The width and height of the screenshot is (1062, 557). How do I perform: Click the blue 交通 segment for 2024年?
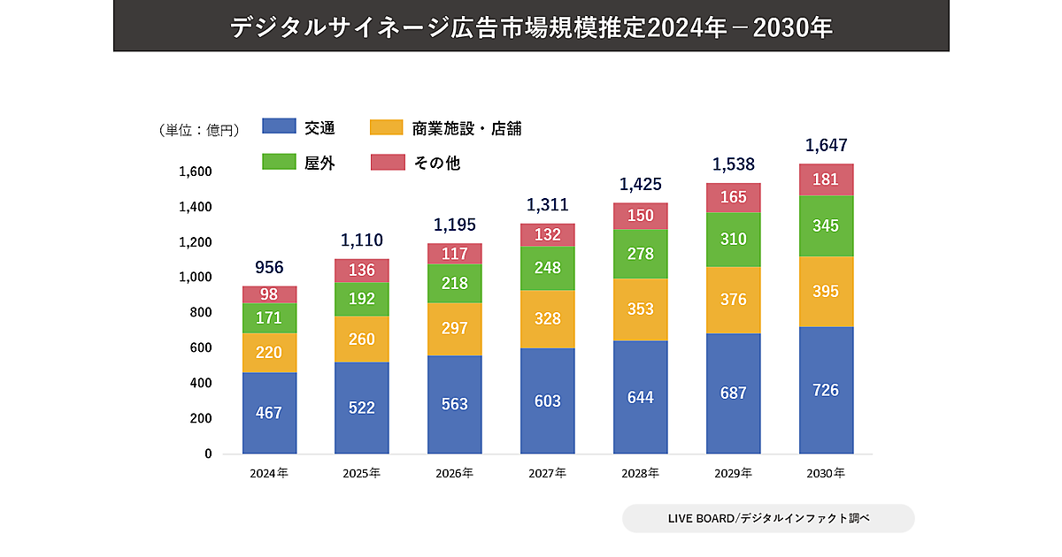[x=269, y=413]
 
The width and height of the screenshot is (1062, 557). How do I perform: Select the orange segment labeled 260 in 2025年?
[x=362, y=339]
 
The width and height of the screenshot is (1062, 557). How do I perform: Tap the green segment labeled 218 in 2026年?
[x=455, y=283]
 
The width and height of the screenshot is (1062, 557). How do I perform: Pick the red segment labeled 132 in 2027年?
[x=548, y=234]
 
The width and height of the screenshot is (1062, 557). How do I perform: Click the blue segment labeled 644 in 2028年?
[x=641, y=397]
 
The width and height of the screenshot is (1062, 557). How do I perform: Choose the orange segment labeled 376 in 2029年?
[x=734, y=300]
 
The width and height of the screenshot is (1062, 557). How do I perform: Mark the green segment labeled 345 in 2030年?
[x=827, y=225]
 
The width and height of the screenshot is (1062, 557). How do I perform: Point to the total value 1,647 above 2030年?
[x=827, y=144]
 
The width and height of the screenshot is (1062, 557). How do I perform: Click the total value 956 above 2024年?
[x=269, y=267]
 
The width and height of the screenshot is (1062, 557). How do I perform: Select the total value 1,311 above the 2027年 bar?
[x=548, y=204]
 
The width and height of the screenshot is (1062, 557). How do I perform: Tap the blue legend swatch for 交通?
[x=279, y=127]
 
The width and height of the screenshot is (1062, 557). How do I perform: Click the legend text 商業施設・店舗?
[x=466, y=128]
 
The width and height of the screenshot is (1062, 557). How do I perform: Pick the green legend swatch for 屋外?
[x=279, y=163]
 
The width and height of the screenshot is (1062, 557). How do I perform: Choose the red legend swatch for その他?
[x=387, y=163]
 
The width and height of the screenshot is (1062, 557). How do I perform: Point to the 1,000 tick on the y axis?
[x=196, y=277]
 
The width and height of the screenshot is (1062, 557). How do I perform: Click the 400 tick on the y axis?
[x=202, y=383]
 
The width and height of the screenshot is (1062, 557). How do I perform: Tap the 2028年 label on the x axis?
[x=641, y=473]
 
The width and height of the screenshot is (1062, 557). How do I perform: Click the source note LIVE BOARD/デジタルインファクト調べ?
[x=768, y=518]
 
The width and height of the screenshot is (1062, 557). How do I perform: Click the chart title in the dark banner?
[x=531, y=27]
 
